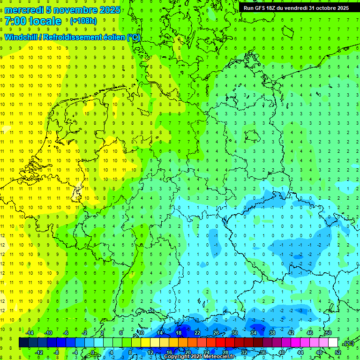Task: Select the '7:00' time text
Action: (x=15, y=21)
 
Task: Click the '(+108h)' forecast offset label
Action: (x=83, y=21)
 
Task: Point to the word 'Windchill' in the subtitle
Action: (x=21, y=37)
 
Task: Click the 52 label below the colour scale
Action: (x=338, y=352)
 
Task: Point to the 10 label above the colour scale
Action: (x=141, y=333)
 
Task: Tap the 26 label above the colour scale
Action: (x=216, y=333)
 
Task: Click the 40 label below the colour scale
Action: (x=282, y=352)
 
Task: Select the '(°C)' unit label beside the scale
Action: (x=348, y=343)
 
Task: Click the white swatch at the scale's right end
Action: (x=333, y=343)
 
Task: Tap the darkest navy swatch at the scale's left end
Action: (x=23, y=343)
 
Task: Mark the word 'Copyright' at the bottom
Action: (x=177, y=357)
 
